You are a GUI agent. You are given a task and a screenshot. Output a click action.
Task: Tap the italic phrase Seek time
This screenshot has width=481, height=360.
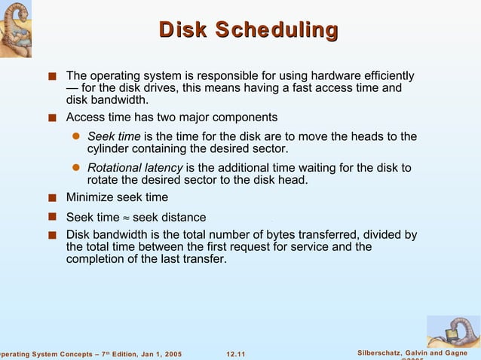point(114,136)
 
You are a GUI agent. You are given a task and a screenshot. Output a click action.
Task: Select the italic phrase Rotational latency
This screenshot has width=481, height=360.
point(135,167)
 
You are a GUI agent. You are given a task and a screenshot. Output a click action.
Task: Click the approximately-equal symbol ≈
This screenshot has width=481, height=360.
point(125,218)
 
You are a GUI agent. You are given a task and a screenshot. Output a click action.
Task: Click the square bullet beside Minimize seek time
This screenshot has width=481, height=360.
point(51,198)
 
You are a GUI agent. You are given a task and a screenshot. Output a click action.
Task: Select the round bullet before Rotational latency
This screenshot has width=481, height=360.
point(75,168)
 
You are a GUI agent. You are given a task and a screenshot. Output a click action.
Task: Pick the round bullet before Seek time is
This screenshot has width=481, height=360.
point(75,137)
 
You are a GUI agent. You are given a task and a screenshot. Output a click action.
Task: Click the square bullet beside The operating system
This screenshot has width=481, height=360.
point(51,77)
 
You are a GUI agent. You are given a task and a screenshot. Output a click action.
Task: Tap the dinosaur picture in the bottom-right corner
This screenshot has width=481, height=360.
point(452,331)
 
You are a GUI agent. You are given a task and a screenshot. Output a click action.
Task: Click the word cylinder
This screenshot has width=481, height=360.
point(110,149)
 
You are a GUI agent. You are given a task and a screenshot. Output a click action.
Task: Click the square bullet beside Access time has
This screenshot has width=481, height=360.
point(51,117)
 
